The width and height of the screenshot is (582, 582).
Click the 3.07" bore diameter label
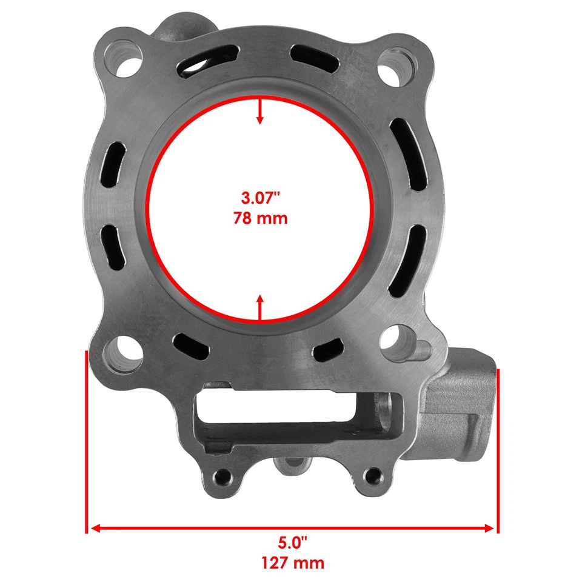pyautogui.click(x=260, y=198)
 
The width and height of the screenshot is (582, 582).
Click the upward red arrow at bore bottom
pyautogui.click(x=260, y=307)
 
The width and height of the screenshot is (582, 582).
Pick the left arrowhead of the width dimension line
pyautogui.click(x=92, y=529)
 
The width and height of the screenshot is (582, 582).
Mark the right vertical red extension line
pyautogui.click(x=498, y=443)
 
